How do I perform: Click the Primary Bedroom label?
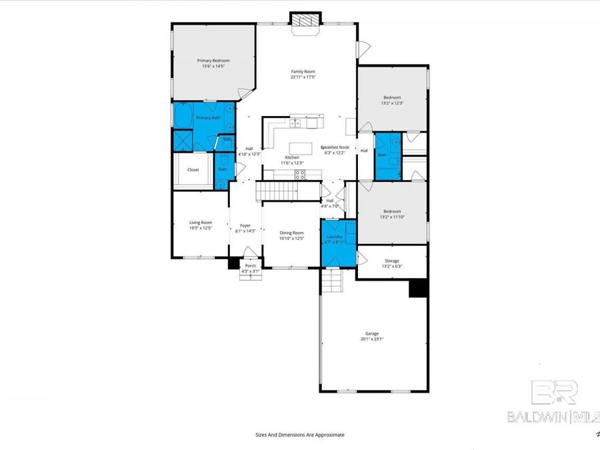pyautogui.click(x=213, y=61)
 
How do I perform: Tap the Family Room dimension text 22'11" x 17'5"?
pyautogui.click(x=303, y=77)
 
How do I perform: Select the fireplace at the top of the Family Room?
pyautogui.click(x=306, y=21)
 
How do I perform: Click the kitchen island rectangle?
pyautogui.click(x=301, y=147)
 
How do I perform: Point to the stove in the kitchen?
pyautogui.click(x=300, y=175)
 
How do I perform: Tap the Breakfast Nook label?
pyautogui.click(x=335, y=147)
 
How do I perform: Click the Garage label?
pyautogui.click(x=371, y=333)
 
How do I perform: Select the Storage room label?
pyautogui.click(x=392, y=261)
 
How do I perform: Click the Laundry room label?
pyautogui.click(x=335, y=237)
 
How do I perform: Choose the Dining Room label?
pyautogui.click(x=291, y=233)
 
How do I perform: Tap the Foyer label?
pyautogui.click(x=245, y=225)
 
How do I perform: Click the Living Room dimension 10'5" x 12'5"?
pyautogui.click(x=201, y=229)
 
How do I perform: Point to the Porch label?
pyautogui.click(x=251, y=265)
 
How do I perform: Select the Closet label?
pyautogui.click(x=193, y=170)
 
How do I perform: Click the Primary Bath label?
pyautogui.click(x=208, y=118)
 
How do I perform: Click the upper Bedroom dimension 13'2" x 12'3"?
pyautogui.click(x=392, y=103)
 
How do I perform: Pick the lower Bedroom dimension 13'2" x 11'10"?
pyautogui.click(x=392, y=217)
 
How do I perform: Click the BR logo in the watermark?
pyautogui.click(x=554, y=392)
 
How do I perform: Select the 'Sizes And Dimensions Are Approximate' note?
pyautogui.click(x=300, y=434)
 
